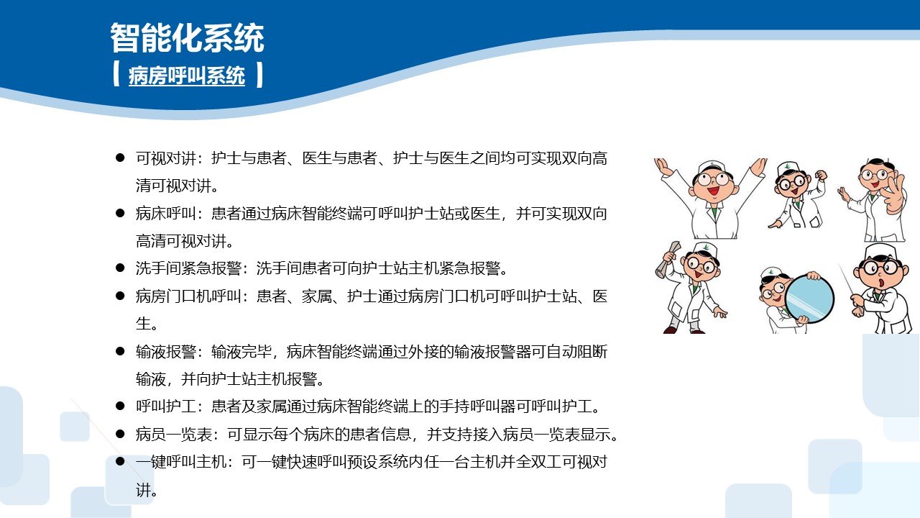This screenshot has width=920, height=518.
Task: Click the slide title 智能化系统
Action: click(187, 38)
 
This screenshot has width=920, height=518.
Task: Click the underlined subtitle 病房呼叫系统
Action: click(187, 76)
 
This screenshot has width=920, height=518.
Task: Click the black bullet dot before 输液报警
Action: click(121, 352)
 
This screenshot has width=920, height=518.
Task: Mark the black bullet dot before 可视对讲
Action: click(121, 158)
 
